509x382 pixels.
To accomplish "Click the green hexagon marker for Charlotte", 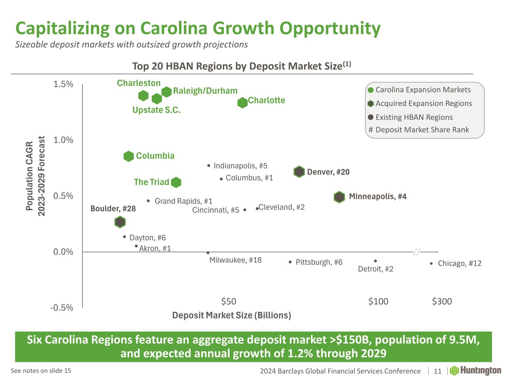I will [x=242, y=103].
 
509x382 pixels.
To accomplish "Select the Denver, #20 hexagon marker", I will [x=299, y=172].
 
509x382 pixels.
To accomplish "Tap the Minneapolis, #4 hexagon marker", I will [x=339, y=197].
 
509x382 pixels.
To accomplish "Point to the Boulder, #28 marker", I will [x=120, y=222].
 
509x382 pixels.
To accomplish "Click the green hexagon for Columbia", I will [x=129, y=156].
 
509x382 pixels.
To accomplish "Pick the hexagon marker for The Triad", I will [x=176, y=182].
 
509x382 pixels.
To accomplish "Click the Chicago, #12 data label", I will [x=459, y=263].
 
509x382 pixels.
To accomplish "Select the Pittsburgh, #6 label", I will [x=319, y=262].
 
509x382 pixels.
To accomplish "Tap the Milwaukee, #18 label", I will [x=235, y=260].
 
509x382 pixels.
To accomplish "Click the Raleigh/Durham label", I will [x=205, y=91].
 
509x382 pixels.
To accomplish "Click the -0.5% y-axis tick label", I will [x=62, y=308].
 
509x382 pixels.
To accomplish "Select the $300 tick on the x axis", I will [x=442, y=301].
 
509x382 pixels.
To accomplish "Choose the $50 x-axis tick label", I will [x=229, y=301].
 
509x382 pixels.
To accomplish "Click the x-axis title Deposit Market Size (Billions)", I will [x=232, y=315].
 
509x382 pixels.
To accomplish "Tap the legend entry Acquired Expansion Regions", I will [x=423, y=103].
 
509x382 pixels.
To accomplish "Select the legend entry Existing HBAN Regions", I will [x=414, y=117].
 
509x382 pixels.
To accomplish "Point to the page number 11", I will [x=437, y=371].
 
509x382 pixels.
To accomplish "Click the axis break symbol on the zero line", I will [x=417, y=252].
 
